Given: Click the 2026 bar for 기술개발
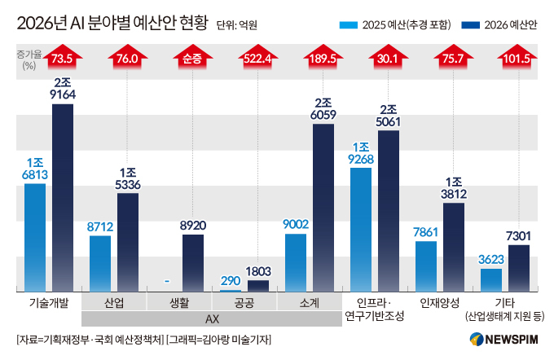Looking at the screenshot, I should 63,197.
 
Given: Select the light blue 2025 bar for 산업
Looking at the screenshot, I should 100,263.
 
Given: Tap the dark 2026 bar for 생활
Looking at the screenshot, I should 193,262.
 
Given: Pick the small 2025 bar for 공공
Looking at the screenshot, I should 231,289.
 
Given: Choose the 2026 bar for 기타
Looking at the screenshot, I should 519,268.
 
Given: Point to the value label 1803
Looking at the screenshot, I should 259,270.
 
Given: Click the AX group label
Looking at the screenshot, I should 212,319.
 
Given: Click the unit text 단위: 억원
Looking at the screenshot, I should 238,25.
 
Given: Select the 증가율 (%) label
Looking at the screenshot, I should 27,59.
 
